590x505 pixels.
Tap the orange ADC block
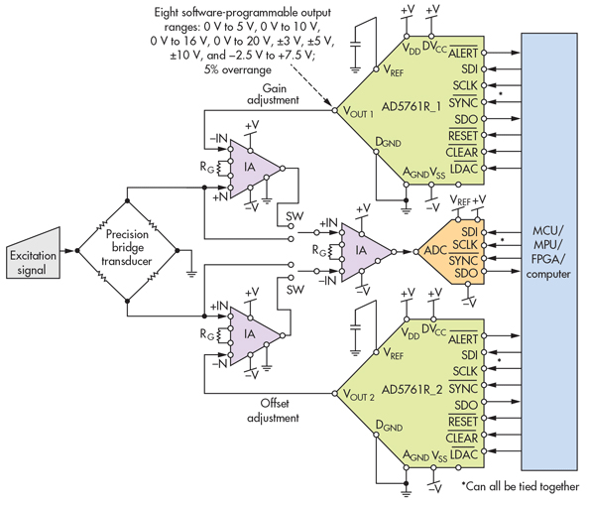(x=433, y=251)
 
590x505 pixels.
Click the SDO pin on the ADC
(x=467, y=273)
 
